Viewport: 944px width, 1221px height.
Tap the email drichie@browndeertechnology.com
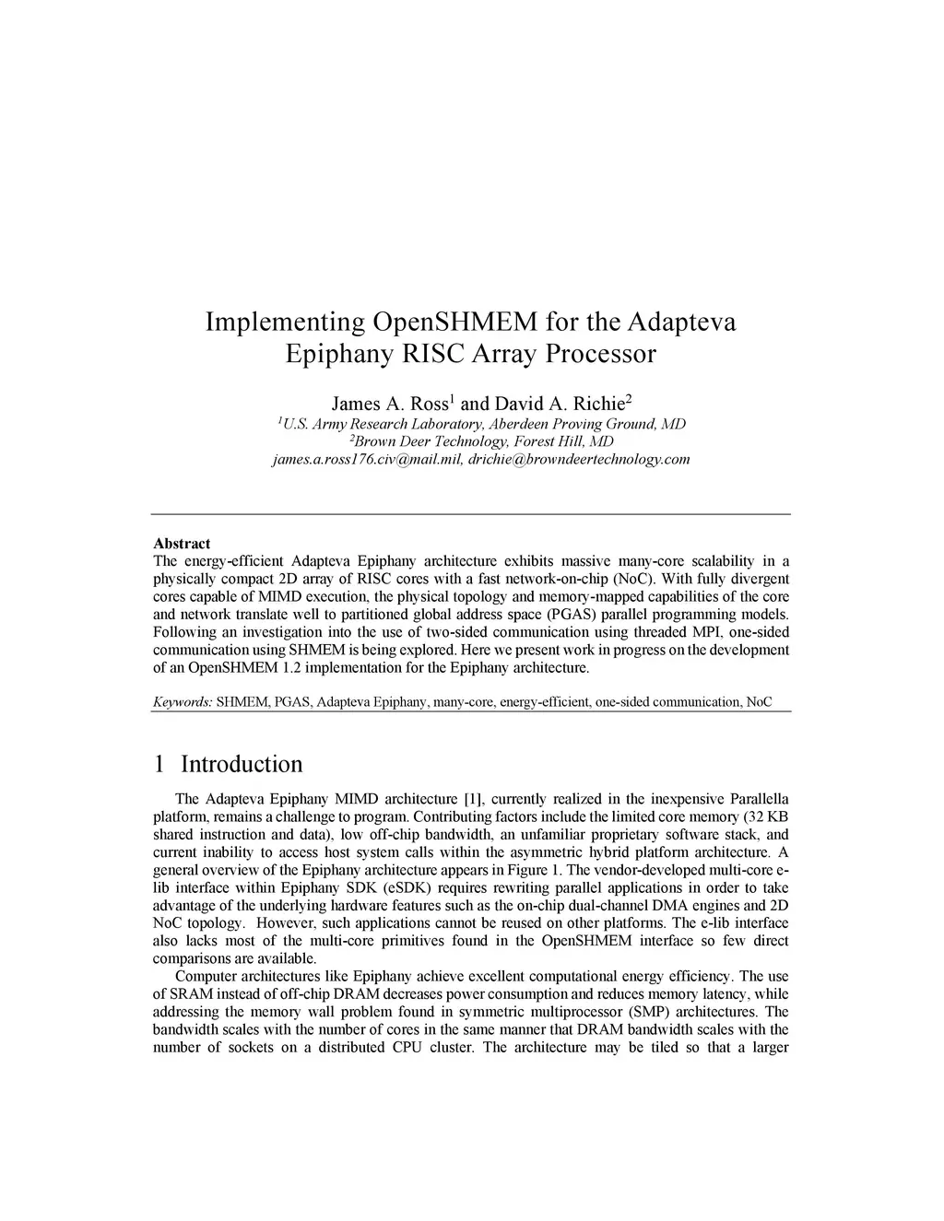pos(579,459)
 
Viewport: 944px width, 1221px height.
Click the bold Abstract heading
pos(182,544)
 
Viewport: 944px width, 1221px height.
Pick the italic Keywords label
pos(183,702)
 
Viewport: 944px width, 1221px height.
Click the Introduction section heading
pos(242,765)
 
